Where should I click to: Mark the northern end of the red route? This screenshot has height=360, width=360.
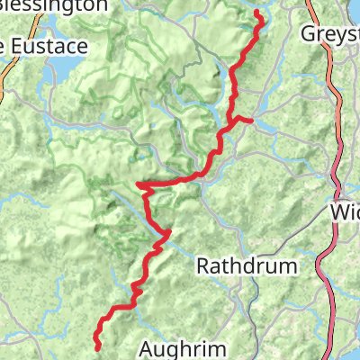[257, 13]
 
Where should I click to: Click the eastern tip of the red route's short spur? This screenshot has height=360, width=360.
[252, 119]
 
